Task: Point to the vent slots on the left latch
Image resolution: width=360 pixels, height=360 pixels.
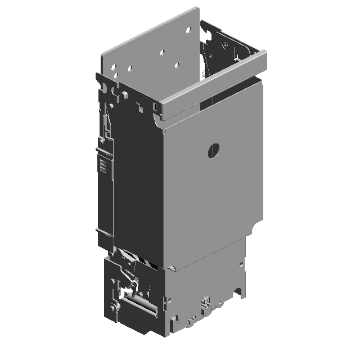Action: [x=102, y=165]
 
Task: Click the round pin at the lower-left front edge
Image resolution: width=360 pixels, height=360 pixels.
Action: [x=115, y=308]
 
